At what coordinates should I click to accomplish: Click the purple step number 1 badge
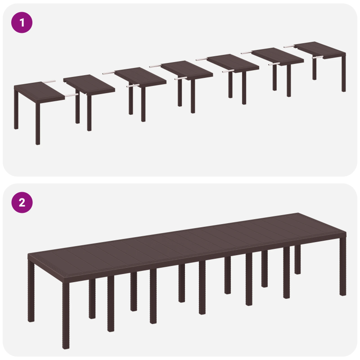[x=22, y=22]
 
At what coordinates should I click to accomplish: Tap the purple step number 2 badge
[x=22, y=202]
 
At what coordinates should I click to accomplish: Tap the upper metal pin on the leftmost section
[x=49, y=82]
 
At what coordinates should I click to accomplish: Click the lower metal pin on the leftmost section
[x=70, y=95]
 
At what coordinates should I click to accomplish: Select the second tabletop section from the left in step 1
[x=89, y=84]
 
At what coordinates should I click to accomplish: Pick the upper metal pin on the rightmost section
[x=289, y=46]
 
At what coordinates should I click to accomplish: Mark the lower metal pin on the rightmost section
[x=317, y=58]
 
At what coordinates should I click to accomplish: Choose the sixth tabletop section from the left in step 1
[x=277, y=56]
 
